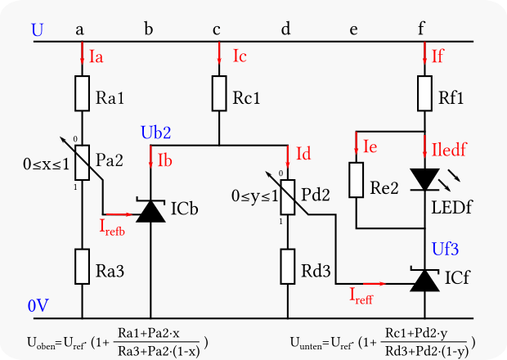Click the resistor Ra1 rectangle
pyautogui.click(x=83, y=93)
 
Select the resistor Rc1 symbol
pyautogui.click(x=219, y=93)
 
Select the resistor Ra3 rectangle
pyautogui.click(x=83, y=265)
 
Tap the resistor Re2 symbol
pyautogui.click(x=356, y=180)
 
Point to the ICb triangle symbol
pyautogui.click(x=150, y=211)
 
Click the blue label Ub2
pyautogui.click(x=156, y=132)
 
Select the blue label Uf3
pyautogui.click(x=446, y=246)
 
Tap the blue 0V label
pyautogui.click(x=38, y=305)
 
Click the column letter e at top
pyautogui.click(x=353, y=30)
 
